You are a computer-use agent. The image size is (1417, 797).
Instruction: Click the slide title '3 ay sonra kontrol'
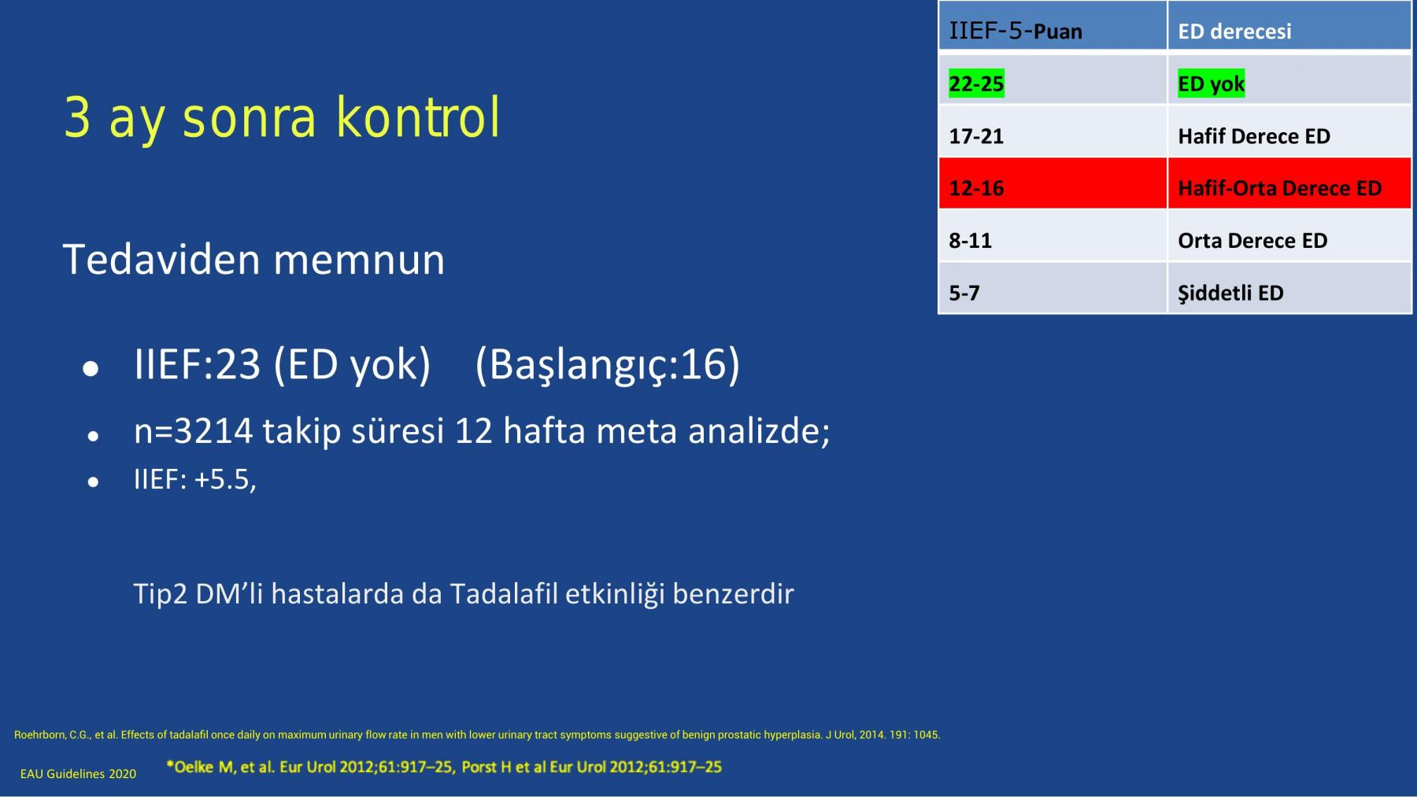(281, 118)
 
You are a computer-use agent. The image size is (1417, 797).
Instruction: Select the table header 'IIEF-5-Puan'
(1016, 31)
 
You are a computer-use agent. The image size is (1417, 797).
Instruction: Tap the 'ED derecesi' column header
(1234, 31)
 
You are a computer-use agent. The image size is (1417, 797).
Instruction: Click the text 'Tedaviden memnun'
(253, 260)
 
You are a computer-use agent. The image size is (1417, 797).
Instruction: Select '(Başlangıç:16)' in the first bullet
(608, 364)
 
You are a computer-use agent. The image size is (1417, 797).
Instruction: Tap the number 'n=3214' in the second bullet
(193, 430)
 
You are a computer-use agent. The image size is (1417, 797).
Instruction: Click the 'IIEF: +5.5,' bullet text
(195, 479)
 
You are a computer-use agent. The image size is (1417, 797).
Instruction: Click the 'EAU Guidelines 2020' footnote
(78, 774)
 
